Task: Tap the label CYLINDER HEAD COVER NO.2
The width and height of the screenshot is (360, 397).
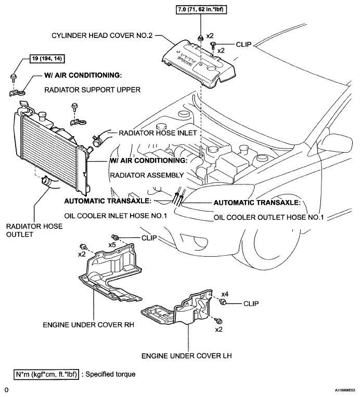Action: coord(102,35)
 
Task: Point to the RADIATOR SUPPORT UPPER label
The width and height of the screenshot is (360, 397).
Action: coord(92,90)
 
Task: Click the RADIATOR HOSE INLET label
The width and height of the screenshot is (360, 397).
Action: coord(158,133)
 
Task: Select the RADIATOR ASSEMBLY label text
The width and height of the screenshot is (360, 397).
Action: coord(147,175)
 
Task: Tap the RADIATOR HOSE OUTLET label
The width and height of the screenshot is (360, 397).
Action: coord(34,230)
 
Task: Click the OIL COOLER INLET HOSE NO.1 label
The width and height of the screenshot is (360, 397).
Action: coord(115,216)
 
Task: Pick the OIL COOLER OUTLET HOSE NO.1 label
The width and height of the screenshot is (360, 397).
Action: coord(269,218)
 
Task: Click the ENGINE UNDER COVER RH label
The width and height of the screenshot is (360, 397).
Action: coord(88,325)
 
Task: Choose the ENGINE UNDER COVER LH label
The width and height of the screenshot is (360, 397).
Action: coord(187,356)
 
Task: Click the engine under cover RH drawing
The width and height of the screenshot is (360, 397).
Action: coord(110,272)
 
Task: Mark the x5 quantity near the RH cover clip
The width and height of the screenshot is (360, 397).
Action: coord(112,245)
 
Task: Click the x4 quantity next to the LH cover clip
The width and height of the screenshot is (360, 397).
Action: coord(225,294)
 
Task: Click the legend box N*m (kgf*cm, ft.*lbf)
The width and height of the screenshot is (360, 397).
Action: coord(46,374)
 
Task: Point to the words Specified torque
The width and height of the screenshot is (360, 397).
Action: coord(110,374)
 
